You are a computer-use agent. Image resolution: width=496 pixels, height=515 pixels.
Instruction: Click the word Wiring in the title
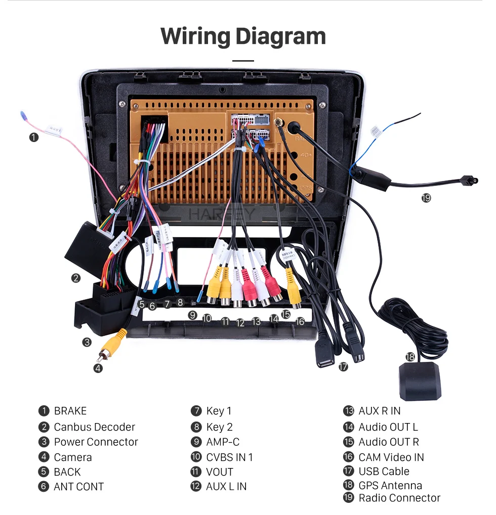point(194,37)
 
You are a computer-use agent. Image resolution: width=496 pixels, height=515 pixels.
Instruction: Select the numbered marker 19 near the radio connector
point(426,198)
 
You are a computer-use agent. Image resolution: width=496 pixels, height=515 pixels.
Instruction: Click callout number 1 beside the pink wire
point(33,137)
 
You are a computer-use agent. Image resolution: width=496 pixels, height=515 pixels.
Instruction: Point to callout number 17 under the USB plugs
point(344,367)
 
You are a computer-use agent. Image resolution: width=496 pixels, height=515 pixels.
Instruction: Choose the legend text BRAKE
point(70,411)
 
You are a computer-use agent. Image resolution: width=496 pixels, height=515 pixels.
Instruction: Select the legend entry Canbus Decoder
point(94,427)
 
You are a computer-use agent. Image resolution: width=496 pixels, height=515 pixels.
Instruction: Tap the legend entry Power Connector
point(96,442)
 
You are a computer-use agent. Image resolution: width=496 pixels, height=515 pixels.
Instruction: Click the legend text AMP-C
point(223,442)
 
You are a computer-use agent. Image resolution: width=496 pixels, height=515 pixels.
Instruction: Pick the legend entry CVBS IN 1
point(229,457)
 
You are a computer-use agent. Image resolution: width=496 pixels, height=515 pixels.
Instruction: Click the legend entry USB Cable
point(384,471)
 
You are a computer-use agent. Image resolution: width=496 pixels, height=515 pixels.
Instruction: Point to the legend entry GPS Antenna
point(390,486)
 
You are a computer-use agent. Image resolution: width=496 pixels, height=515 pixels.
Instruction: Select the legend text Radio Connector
point(399,498)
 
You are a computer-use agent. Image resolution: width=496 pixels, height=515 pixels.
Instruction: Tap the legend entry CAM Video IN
point(391,457)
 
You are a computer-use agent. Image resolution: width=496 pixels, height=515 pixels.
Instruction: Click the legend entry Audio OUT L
point(388,427)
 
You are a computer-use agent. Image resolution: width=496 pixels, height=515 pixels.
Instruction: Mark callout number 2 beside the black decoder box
point(75,277)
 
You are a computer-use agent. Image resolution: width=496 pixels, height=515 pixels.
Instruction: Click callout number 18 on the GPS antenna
point(410,357)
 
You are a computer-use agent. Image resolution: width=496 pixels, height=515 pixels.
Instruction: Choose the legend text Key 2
point(219,427)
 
